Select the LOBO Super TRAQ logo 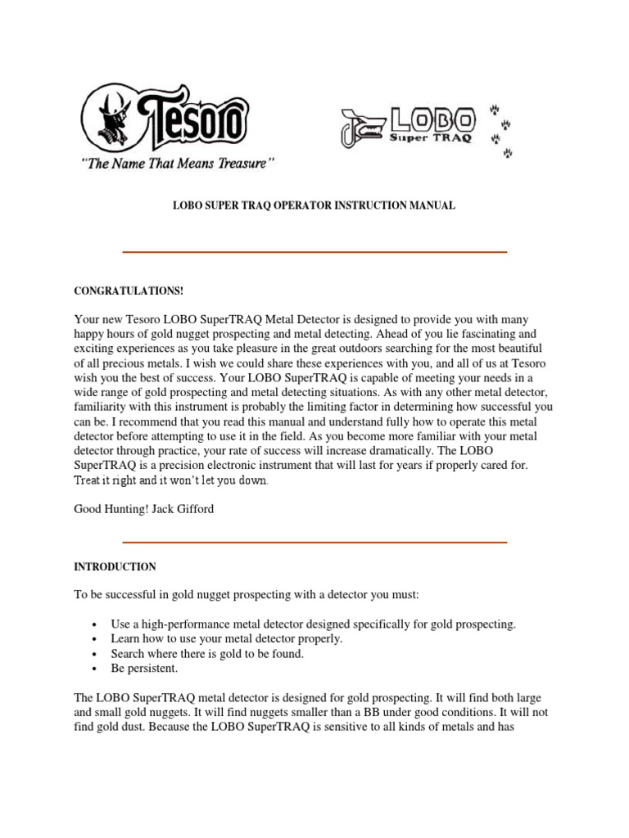[x=431, y=127]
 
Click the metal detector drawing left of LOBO [x=361, y=128]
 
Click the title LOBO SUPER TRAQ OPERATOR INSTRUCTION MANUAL [x=314, y=206]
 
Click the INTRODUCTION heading [x=115, y=566]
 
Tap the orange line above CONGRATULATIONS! [x=314, y=252]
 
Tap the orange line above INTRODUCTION [x=314, y=542]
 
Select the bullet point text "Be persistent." [x=144, y=668]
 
